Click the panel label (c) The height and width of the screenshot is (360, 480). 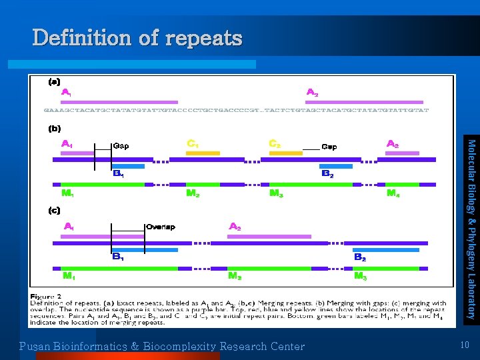[54, 210]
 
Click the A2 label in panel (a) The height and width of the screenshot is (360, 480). [311, 92]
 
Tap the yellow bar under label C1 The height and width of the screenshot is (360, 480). [203, 153]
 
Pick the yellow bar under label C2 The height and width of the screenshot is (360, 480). [285, 153]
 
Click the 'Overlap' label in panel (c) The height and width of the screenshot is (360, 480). [160, 227]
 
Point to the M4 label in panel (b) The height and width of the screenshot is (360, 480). [394, 193]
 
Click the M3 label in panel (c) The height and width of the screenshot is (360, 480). [360, 275]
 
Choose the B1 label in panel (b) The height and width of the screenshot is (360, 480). [119, 174]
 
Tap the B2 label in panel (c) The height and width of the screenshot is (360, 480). [359, 257]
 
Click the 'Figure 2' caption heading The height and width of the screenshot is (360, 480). [46, 295]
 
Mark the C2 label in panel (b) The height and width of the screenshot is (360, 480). [275, 143]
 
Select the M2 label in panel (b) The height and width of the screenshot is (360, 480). [193, 193]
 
